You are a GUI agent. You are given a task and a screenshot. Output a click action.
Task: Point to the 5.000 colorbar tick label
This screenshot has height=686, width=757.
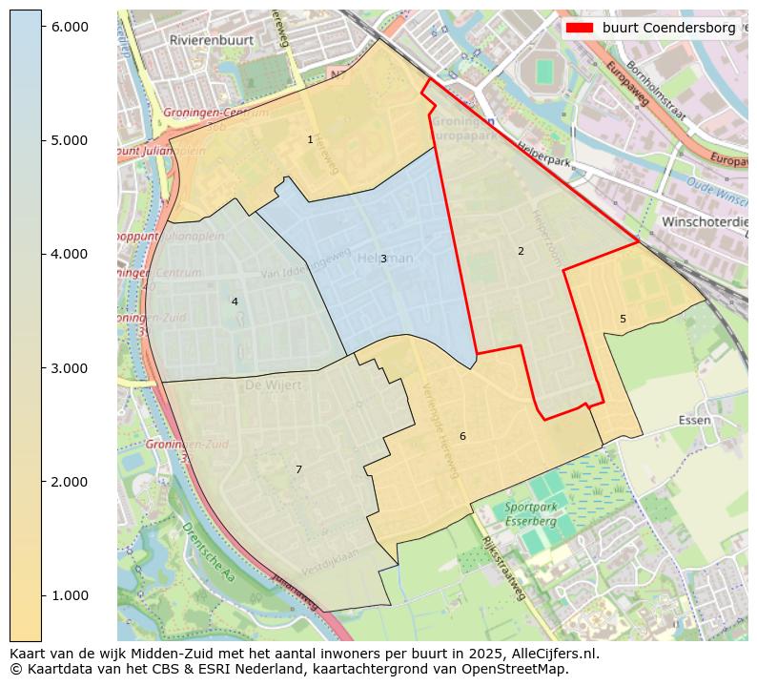click(x=69, y=140)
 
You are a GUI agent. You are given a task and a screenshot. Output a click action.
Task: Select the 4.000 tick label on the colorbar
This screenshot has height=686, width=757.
click(x=69, y=254)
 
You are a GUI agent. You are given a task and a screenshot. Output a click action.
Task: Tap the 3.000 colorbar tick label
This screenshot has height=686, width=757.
click(x=69, y=368)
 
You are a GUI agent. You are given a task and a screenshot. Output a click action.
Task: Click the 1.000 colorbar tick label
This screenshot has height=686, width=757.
click(x=69, y=595)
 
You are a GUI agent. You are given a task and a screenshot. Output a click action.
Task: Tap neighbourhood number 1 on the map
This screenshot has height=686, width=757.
click(x=310, y=139)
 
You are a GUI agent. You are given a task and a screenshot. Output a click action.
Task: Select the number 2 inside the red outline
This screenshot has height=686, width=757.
click(x=521, y=251)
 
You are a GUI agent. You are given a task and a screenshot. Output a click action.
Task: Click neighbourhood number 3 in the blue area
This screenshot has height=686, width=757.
click(x=383, y=259)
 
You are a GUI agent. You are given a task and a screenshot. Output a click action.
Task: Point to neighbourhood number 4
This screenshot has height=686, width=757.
click(x=235, y=301)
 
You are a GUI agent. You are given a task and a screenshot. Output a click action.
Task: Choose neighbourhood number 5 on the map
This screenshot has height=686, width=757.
click(x=623, y=319)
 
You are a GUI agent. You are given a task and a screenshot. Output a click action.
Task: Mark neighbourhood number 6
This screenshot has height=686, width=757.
click(x=462, y=436)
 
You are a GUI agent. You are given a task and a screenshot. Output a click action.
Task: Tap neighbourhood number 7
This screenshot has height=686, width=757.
click(x=298, y=469)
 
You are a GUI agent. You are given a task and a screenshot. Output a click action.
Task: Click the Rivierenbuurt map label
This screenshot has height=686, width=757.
click(x=207, y=41)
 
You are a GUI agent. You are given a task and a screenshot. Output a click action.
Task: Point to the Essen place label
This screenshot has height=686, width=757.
click(x=695, y=420)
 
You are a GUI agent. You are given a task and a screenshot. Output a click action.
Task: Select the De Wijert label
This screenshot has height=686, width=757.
click(x=273, y=385)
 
